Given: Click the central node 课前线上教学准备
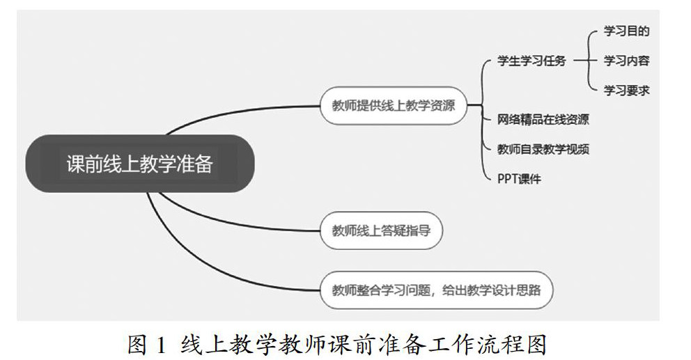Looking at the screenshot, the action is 139,164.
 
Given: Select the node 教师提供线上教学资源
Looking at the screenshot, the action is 394,106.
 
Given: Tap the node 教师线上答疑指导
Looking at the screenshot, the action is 380,230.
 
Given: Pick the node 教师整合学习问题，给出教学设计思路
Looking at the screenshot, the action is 436,290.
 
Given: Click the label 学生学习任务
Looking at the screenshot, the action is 531,61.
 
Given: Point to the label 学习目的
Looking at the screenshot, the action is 626,31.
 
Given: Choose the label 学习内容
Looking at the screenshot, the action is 626,61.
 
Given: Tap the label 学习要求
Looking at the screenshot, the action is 626,90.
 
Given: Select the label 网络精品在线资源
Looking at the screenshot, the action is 543,119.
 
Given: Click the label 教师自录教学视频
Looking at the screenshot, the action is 543,148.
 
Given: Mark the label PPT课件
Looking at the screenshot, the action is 519,179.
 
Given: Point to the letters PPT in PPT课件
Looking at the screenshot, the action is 508,179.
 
